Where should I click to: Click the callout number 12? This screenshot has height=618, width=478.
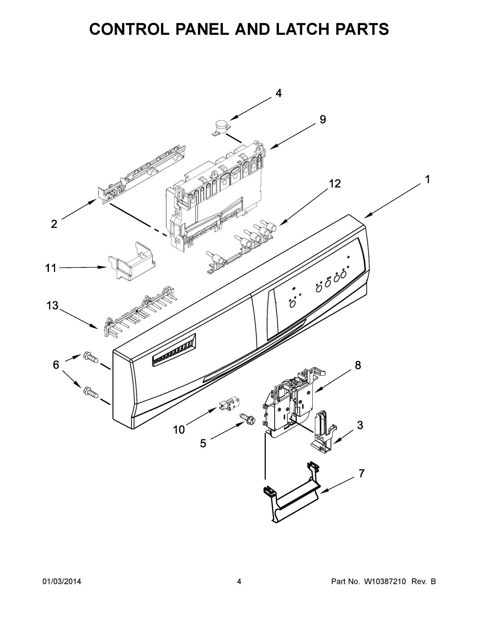coord(335,184)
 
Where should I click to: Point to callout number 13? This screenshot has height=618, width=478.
coord(52,305)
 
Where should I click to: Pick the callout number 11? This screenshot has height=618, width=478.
coord(51,268)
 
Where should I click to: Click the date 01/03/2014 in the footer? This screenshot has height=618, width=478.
coord(62,581)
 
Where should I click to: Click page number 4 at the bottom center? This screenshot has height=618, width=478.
coord(239,581)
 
